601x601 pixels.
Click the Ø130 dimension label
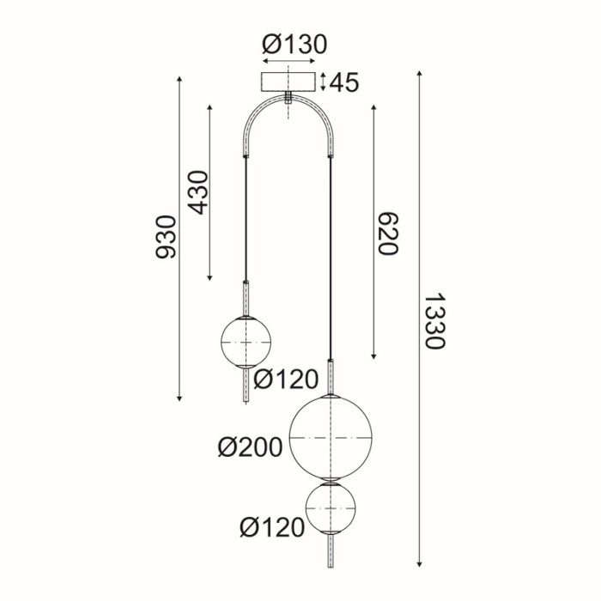tap(294, 45)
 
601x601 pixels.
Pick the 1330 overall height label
tap(434, 321)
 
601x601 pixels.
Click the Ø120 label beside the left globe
tap(286, 378)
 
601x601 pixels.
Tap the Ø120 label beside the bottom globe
tap(273, 527)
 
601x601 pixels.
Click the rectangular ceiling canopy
tap(290, 82)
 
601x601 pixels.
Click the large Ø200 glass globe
tap(331, 438)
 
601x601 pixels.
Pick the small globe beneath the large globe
tap(331, 511)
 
